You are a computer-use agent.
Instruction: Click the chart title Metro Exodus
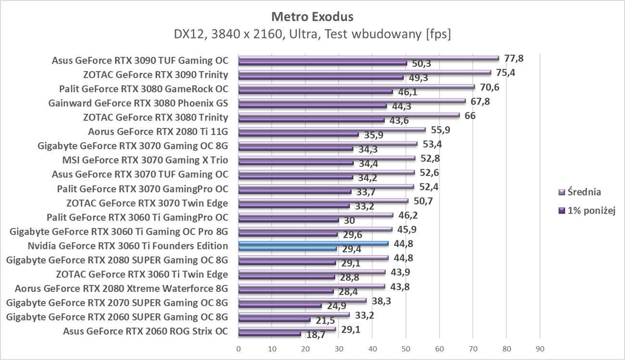point(312,17)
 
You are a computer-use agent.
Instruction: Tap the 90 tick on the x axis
point(539,348)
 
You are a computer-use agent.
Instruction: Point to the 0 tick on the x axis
point(238,348)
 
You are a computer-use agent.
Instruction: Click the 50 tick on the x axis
point(406,348)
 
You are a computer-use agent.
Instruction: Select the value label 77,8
point(513,58)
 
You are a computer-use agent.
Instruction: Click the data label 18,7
point(315,335)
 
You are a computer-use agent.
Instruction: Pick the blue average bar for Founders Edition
point(313,244)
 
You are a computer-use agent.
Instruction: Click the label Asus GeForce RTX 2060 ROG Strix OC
point(145,331)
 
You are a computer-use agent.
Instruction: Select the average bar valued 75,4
point(364,73)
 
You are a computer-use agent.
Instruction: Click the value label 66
point(470,115)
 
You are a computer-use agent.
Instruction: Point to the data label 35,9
point(373,136)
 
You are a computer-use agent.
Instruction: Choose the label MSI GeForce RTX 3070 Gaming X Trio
point(145,160)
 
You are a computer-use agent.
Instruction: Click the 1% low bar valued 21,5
point(274,320)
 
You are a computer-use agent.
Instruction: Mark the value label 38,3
point(381,300)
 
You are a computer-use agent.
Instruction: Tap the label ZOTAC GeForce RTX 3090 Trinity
point(155,74)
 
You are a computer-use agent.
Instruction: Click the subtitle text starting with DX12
point(312,35)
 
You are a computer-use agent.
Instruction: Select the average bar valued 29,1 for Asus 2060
point(287,329)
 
